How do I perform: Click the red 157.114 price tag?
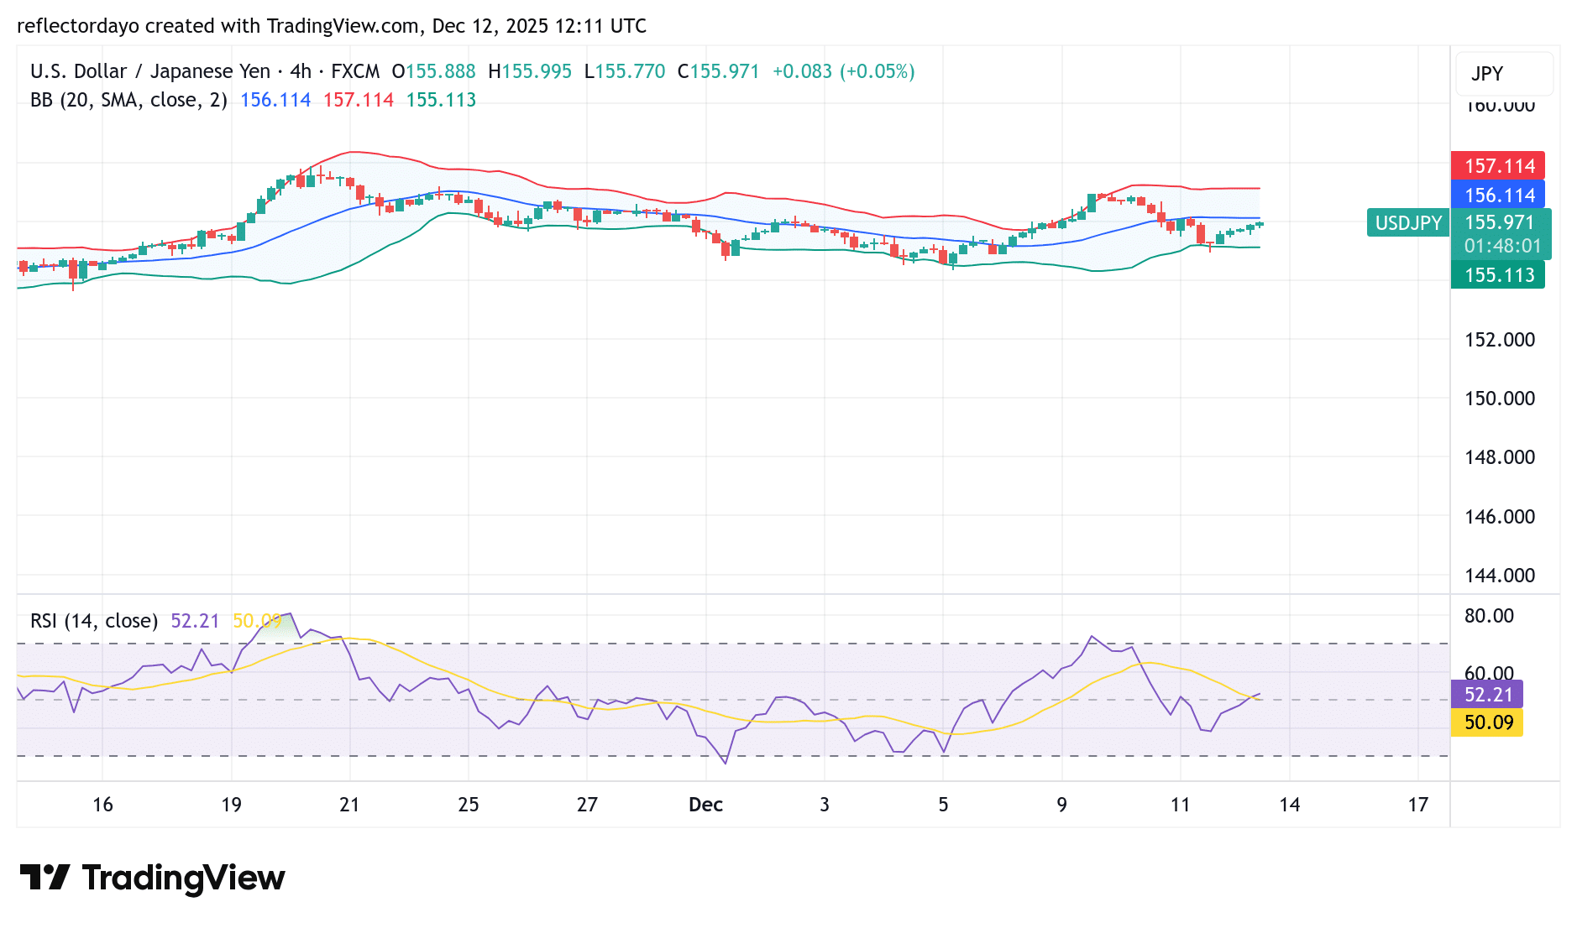pos(1498,166)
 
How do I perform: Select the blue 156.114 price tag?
pos(1498,196)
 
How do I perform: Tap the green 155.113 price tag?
pos(1498,275)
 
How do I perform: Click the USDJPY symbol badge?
pos(1407,223)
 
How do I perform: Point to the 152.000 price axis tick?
pos(1499,340)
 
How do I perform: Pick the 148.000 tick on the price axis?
pos(1499,457)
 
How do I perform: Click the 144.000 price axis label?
pos(1499,576)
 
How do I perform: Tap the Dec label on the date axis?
pos(705,805)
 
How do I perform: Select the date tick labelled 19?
pos(231,805)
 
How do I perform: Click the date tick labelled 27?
pos(587,805)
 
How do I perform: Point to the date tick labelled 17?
pos(1417,805)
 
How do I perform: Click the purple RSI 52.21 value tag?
pos(1487,695)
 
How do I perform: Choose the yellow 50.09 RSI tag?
pos(1487,722)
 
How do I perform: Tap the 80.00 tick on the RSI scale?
pos(1489,616)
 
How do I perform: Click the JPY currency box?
pos(1503,74)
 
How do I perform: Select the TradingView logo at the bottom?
pos(152,878)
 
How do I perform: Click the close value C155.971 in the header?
pos(718,71)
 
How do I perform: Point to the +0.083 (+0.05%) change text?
pos(843,71)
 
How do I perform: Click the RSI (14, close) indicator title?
pos(94,621)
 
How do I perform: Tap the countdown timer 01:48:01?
pos(1502,246)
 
